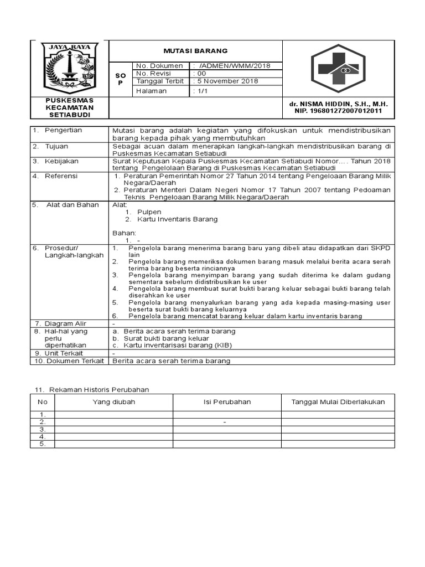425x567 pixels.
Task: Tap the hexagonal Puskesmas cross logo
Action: [x=338, y=68]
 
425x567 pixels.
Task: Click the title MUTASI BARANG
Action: [x=195, y=50]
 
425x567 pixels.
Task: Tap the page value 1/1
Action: [x=200, y=91]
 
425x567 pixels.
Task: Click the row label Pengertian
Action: [x=63, y=130]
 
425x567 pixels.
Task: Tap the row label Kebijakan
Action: [x=62, y=161]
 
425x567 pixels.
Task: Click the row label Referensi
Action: [x=62, y=176]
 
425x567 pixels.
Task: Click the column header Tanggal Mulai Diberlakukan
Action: [x=338, y=402]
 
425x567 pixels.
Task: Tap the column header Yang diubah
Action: [x=114, y=402]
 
